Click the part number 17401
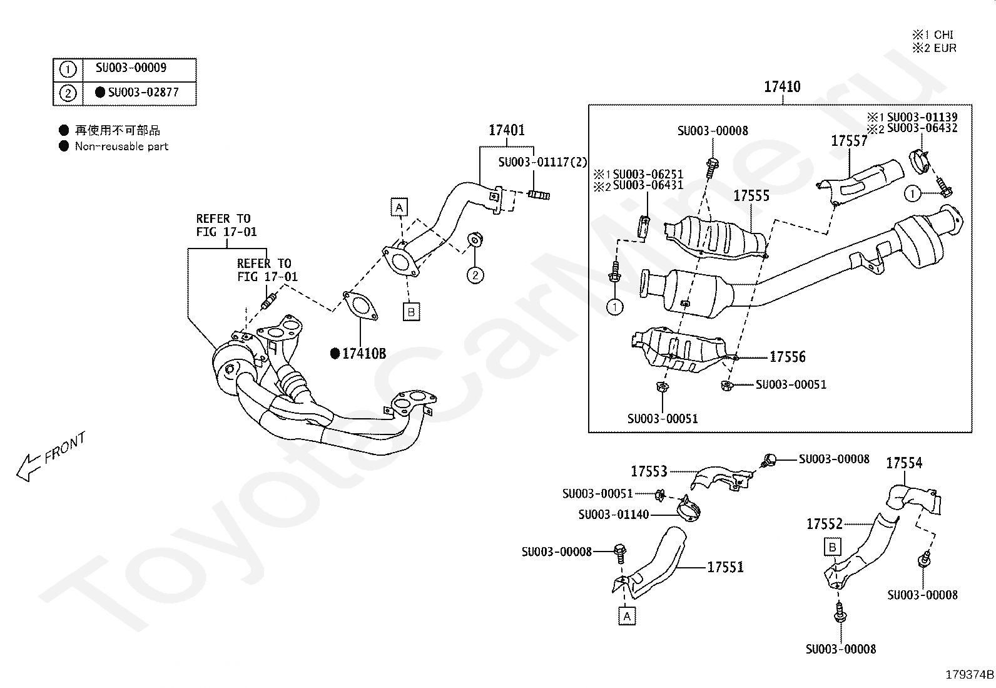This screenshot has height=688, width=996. tap(507, 130)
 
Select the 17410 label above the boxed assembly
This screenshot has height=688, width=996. tap(782, 86)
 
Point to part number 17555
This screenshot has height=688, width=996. tap(751, 195)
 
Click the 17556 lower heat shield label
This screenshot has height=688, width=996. tap(788, 356)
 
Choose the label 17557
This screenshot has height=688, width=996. tap(849, 141)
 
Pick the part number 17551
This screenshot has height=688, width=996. tap(725, 567)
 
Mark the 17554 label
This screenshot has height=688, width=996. tap(904, 463)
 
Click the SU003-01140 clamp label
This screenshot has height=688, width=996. tap(614, 515)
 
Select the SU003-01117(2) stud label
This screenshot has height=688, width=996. tap(542, 162)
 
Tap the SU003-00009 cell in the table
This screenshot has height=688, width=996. tap(131, 68)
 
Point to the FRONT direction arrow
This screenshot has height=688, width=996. tap(29, 467)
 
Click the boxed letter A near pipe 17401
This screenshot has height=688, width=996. tap(399, 207)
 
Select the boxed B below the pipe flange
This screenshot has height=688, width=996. tap(411, 312)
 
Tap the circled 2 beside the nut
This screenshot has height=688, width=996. tap(475, 275)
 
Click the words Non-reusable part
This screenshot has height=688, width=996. tap(121, 146)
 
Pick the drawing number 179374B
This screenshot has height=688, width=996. tap(969, 675)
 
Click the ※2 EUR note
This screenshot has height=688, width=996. tap(934, 48)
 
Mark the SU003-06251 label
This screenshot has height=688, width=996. tap(648, 174)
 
